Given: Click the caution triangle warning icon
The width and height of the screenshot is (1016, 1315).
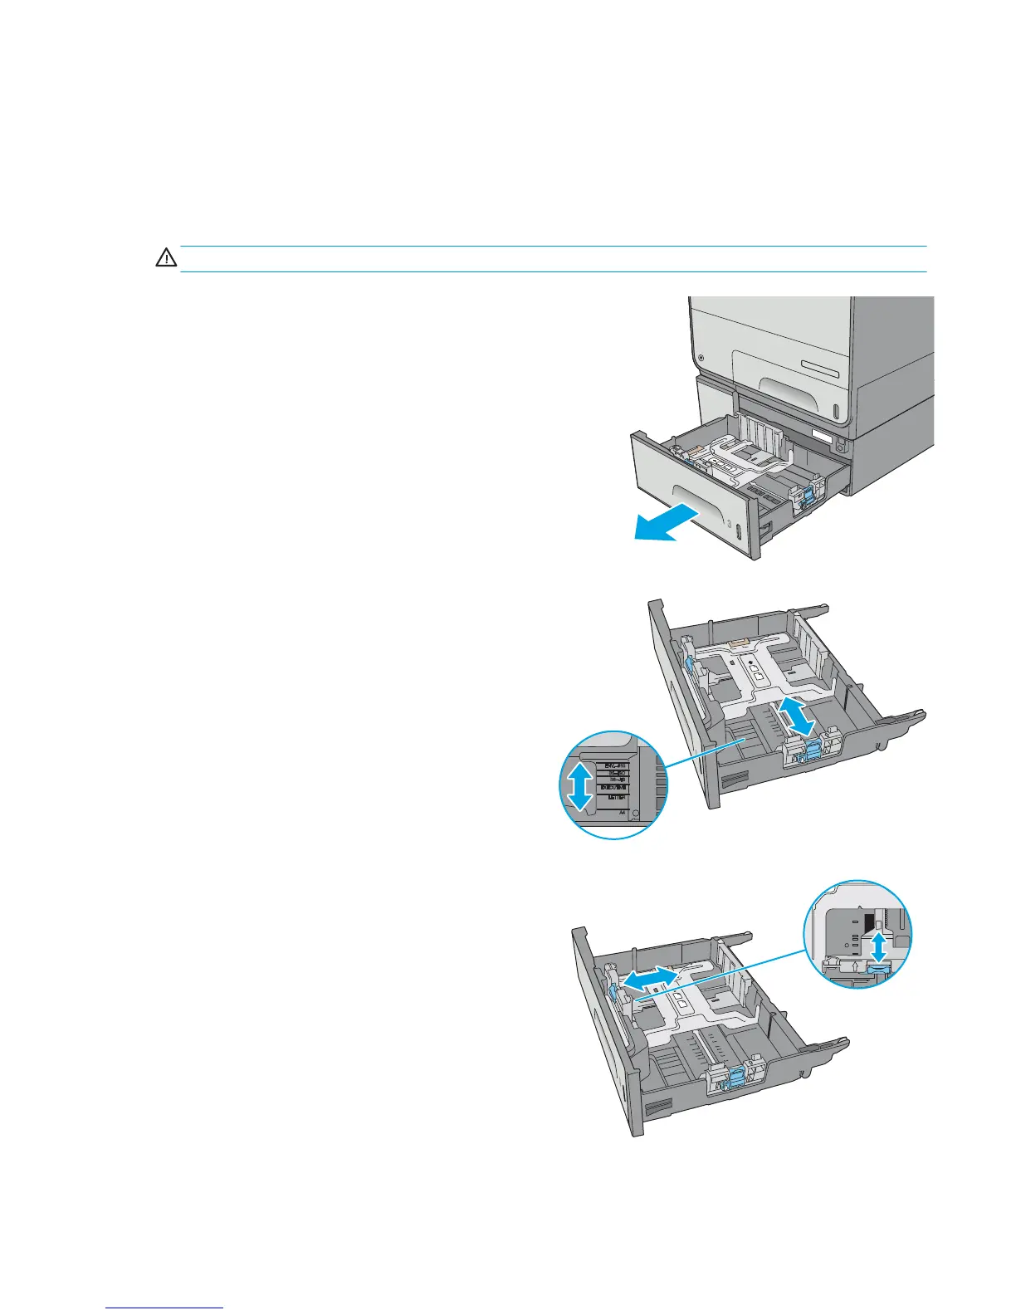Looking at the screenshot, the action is (166, 258).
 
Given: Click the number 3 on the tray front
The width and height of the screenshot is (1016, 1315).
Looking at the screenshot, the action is (728, 526).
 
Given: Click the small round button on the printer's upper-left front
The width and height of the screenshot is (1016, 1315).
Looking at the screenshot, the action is (702, 358).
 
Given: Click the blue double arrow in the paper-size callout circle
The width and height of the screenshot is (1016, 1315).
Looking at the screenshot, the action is (581, 785).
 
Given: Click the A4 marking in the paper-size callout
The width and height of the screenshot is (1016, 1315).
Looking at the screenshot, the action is (622, 814).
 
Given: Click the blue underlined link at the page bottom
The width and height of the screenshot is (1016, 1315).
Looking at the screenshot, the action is (165, 1308).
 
